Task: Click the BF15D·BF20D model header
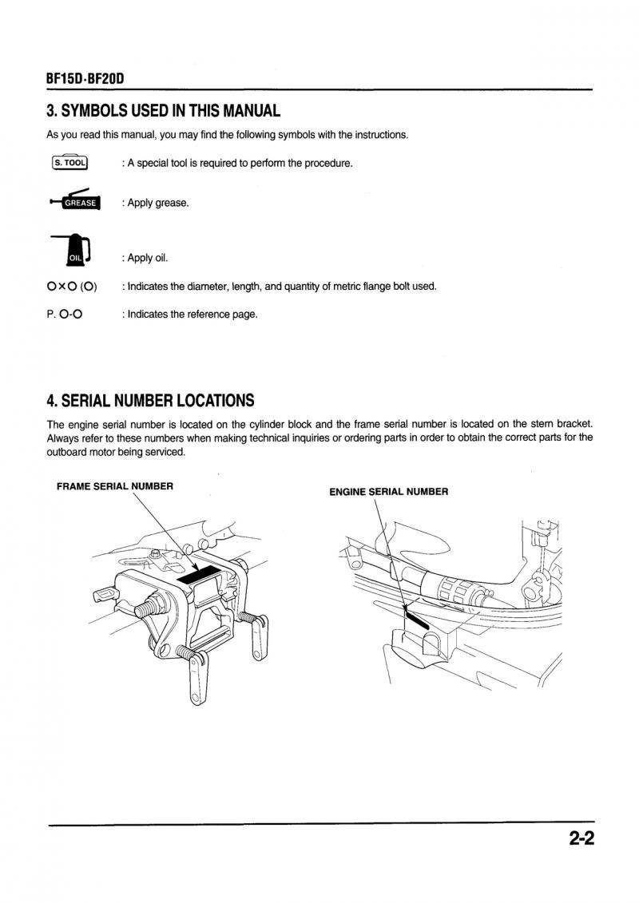click(x=85, y=80)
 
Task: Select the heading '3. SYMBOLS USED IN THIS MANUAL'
click(x=164, y=110)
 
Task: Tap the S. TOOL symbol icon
click(x=69, y=163)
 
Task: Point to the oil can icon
click(x=73, y=249)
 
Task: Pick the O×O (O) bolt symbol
click(x=72, y=287)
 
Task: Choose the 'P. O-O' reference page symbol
click(x=65, y=315)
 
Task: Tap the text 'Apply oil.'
click(x=148, y=258)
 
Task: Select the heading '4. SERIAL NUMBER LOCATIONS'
click(x=150, y=400)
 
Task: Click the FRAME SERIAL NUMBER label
click(x=115, y=485)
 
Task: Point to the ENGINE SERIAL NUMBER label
click(x=389, y=492)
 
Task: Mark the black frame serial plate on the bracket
click(x=196, y=576)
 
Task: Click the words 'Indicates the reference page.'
click(x=192, y=315)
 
